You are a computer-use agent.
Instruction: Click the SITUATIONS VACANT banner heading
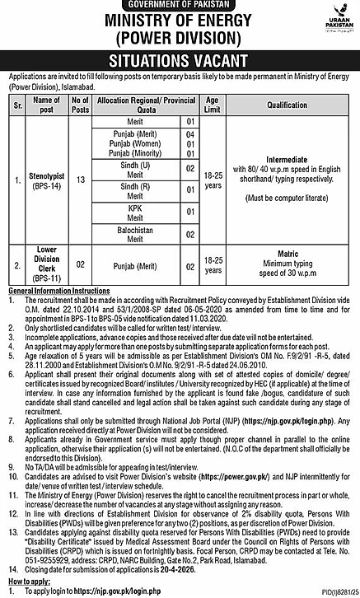pos(180,61)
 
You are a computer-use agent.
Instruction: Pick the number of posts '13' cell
pos(80,179)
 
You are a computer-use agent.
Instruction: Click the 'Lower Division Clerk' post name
pos(46,268)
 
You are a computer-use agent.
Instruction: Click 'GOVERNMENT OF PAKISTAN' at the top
pos(180,6)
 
